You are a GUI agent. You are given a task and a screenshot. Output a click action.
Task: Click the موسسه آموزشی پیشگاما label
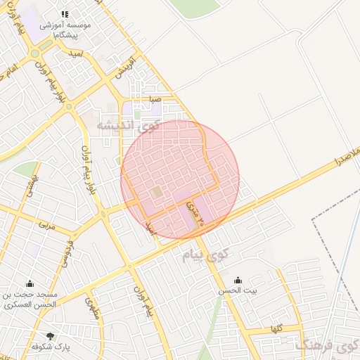67,29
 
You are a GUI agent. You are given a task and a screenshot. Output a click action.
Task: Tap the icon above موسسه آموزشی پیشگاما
65,13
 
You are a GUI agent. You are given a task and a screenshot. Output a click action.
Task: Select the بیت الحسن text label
237,290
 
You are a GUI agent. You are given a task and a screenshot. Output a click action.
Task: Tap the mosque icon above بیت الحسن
237,279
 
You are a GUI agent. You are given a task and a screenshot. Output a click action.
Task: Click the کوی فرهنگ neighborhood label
327,345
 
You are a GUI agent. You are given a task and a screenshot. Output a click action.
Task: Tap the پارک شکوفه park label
50,347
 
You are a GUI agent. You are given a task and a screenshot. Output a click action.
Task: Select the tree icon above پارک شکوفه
50,335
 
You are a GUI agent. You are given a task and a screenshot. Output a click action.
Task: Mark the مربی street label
46,226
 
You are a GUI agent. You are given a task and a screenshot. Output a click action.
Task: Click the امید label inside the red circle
148,227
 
